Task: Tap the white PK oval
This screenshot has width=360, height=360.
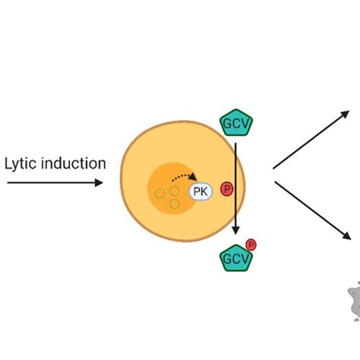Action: coord(201,192)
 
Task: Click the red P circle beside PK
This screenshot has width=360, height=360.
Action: coord(226,189)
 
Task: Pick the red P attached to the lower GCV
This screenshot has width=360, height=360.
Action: coord(251,245)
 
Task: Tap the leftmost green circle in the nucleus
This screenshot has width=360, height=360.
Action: coord(160,194)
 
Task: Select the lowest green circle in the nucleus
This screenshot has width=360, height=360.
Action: coord(175,204)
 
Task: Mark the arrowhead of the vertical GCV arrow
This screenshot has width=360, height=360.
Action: coord(236,230)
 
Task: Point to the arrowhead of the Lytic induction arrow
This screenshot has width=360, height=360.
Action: coord(99,183)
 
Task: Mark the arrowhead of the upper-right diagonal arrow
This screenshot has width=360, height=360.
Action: coord(346,114)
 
